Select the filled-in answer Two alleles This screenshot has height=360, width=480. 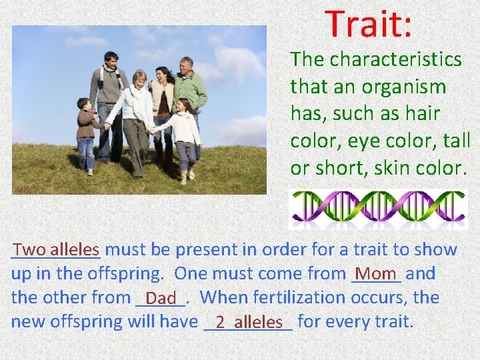tap(56, 250)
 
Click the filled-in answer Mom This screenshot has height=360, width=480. tap(376, 273)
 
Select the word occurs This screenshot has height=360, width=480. tap(387, 297)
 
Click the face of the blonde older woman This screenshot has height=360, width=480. tap(140, 79)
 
